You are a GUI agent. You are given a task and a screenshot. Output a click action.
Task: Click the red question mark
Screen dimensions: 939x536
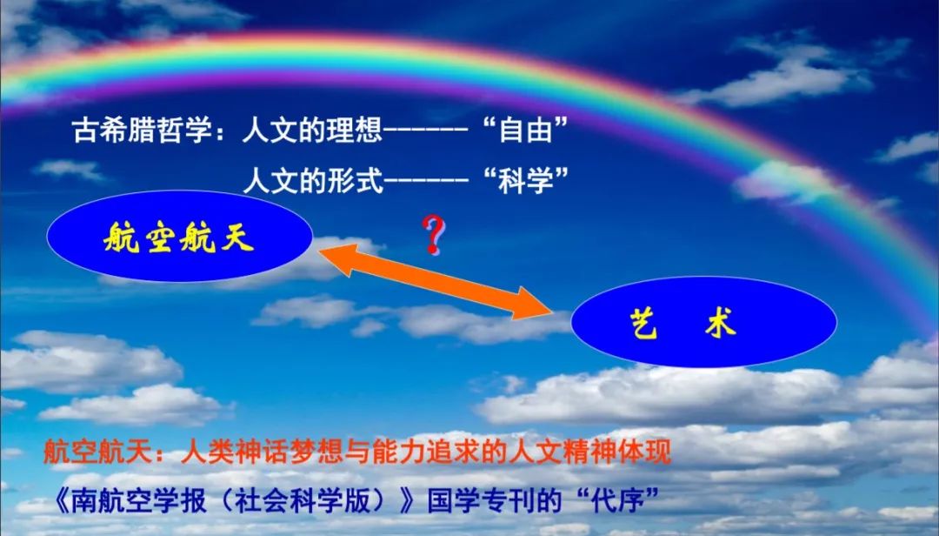tap(434, 234)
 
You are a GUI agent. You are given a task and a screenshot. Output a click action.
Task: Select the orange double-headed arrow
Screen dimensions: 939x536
tap(435, 281)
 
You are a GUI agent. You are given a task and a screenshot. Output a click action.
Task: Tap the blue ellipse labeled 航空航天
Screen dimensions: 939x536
tap(180, 236)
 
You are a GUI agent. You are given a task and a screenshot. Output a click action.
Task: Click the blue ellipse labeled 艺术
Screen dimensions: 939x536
tap(703, 322)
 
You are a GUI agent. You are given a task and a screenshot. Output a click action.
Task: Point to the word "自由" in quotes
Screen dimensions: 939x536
tap(525, 130)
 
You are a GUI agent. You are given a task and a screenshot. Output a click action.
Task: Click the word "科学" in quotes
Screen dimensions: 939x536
tap(525, 180)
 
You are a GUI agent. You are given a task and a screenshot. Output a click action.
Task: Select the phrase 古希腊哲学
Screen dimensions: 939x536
tap(143, 131)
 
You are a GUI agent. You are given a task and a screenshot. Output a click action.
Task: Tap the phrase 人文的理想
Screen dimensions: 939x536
tap(312, 131)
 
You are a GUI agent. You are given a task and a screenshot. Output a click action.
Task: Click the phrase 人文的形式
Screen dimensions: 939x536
tap(312, 180)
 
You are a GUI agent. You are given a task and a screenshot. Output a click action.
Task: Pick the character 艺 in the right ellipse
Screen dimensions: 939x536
tap(643, 323)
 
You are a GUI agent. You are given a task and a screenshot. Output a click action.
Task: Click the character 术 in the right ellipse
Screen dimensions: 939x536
tap(721, 323)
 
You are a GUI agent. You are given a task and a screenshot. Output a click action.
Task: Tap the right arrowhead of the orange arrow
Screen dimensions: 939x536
tap(533, 304)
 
